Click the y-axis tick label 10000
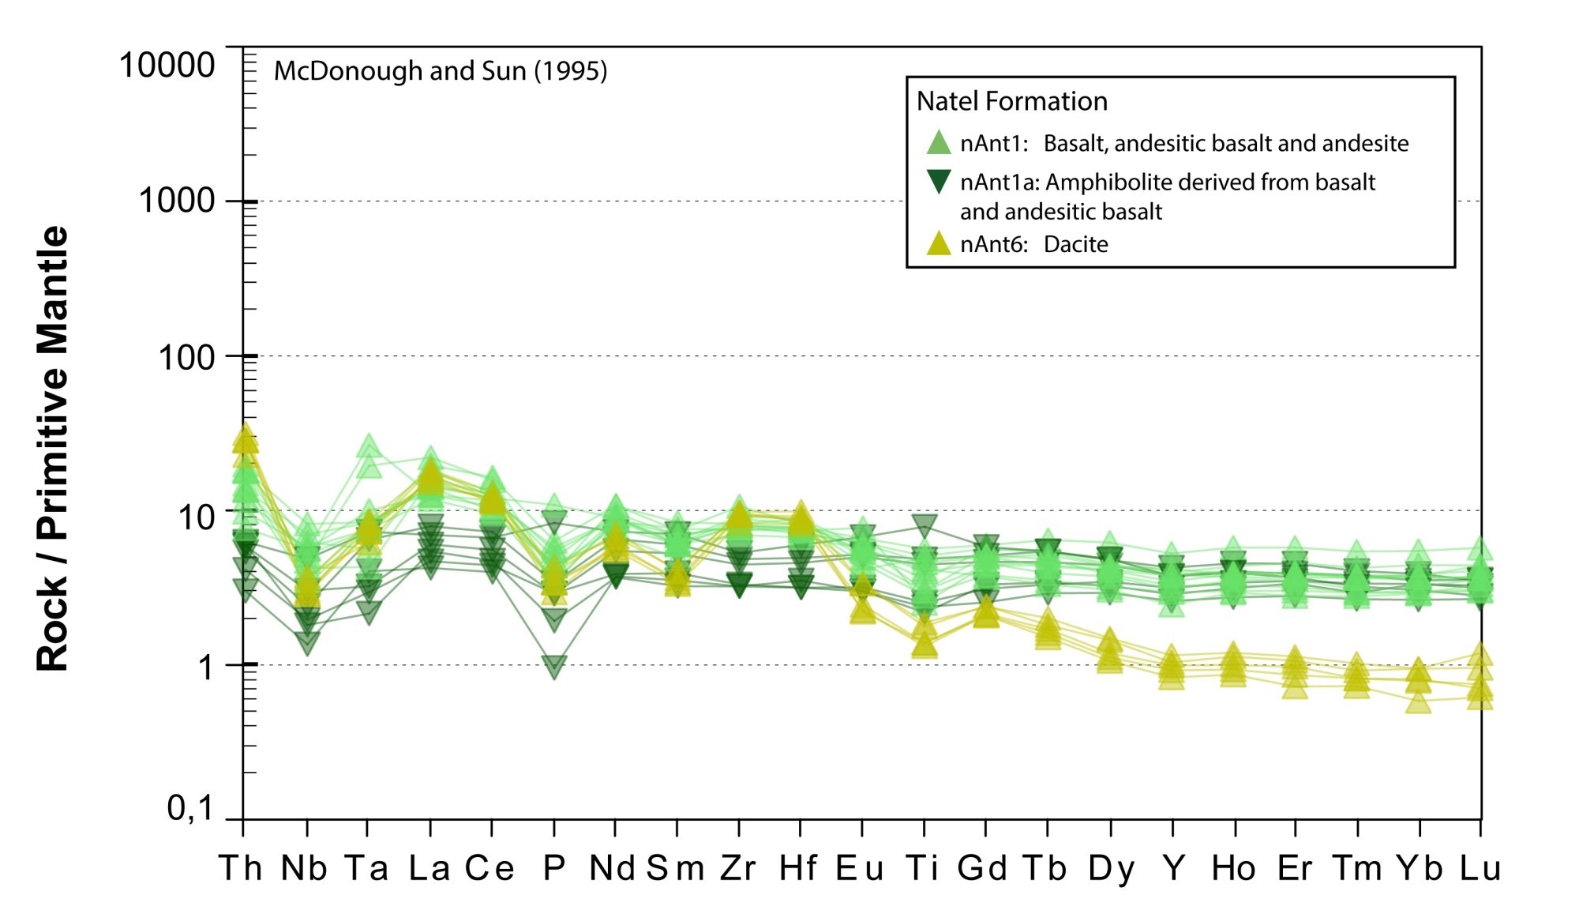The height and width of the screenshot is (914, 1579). (167, 65)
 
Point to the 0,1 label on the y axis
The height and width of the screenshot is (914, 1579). (190, 808)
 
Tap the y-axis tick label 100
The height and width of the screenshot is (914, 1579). (187, 357)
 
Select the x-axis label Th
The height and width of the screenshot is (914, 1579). (241, 868)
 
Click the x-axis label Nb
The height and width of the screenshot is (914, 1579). (305, 868)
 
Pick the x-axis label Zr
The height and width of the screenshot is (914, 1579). (738, 868)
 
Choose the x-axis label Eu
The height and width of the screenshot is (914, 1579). (860, 868)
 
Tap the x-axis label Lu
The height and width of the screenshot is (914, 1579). (1480, 868)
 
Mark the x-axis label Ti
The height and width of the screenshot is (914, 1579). (922, 868)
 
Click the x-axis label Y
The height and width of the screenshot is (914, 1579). (1174, 868)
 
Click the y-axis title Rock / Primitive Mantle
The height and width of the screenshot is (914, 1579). (53, 449)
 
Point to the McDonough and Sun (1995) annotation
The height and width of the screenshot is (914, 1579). (441, 71)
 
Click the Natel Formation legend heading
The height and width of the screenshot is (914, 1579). (1011, 101)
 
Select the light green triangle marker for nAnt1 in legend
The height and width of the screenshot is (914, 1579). (938, 142)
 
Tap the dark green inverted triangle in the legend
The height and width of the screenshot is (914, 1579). (938, 182)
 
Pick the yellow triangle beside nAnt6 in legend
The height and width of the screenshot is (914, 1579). (938, 243)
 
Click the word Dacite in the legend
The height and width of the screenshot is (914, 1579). (1075, 244)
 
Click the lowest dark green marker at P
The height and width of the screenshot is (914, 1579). (554, 666)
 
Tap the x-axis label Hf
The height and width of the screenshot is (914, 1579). (798, 868)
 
